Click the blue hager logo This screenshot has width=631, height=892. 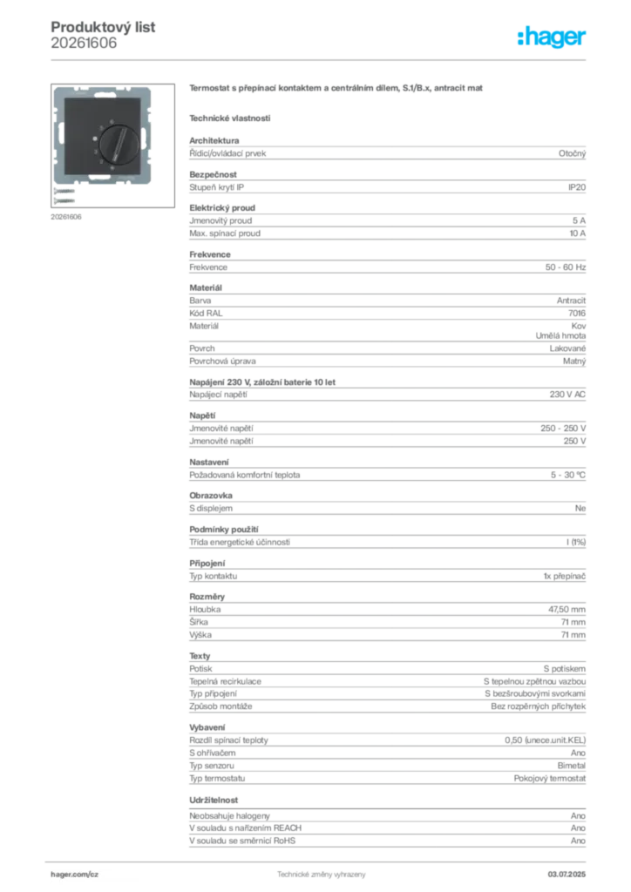(553, 38)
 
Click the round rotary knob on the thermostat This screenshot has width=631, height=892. (119, 145)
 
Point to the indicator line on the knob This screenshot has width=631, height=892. (121, 144)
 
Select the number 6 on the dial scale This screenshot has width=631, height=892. (112, 122)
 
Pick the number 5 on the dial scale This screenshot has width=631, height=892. (101, 128)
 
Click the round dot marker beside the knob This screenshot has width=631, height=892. (95, 139)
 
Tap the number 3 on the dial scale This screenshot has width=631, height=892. (95, 152)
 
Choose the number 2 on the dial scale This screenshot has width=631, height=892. (101, 161)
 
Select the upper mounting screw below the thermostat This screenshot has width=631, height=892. (64, 191)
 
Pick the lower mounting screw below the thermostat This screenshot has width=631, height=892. (64, 200)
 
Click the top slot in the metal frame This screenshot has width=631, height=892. (105, 94)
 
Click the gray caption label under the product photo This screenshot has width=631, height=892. (66, 216)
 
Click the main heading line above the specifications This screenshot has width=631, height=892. (336, 89)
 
